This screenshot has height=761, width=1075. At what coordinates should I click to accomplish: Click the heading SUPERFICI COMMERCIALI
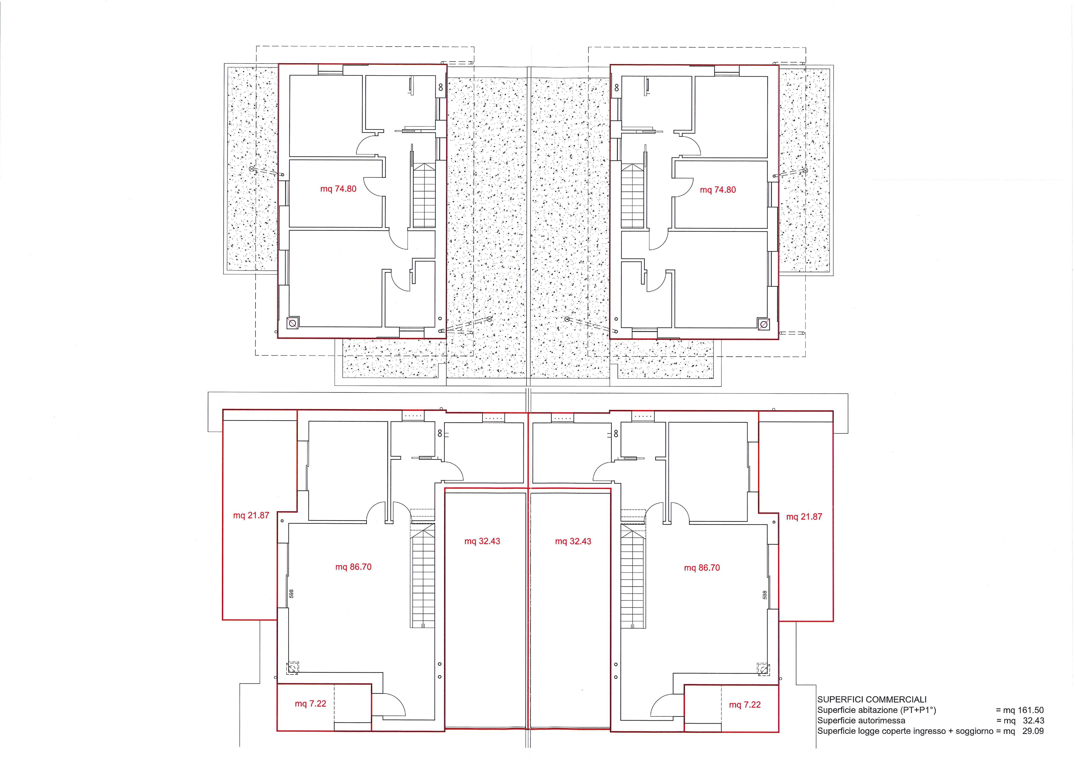point(872,700)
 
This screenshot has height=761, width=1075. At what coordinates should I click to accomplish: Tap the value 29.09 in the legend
point(1033,731)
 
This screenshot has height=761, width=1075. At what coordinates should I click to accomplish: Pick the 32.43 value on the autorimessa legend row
point(1033,721)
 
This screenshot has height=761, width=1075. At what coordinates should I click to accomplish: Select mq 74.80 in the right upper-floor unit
point(718,190)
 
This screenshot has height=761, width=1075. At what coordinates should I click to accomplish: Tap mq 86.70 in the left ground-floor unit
point(353,567)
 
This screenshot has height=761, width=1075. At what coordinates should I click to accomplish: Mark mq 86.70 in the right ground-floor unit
point(702,568)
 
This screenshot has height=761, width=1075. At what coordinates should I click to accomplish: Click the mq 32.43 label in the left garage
point(482,541)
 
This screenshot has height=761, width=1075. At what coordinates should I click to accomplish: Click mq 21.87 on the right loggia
point(804,517)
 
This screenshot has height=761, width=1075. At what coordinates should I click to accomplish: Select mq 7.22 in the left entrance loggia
point(311,704)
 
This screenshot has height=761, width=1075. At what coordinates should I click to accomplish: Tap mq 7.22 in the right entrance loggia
point(745,705)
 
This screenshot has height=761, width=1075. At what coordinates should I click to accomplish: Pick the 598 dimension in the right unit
point(764,595)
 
